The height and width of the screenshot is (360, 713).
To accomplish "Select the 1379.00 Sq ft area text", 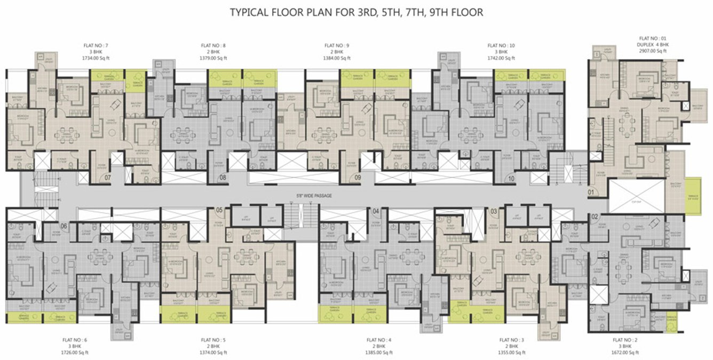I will point(213,58).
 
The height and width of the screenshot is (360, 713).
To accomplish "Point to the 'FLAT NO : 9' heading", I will point(337,46).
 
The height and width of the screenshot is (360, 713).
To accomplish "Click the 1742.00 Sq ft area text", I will point(501,58).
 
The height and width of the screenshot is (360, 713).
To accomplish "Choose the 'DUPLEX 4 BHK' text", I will point(653,45).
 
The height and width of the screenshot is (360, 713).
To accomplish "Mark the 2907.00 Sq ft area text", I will point(653,51).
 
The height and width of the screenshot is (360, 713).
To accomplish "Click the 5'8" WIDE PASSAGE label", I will point(315,196).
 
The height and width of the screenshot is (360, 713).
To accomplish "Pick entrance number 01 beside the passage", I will point(591,190).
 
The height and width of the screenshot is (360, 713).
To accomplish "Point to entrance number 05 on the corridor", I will point(219,210).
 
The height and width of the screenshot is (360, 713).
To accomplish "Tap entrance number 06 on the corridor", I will point(65,226).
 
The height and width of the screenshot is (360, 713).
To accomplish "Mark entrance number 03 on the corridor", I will point(494,212).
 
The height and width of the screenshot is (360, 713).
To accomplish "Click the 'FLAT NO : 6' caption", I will point(78,340).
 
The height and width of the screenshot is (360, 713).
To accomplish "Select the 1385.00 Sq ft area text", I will point(379,353).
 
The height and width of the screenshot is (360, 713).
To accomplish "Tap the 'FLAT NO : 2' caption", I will point(625,340).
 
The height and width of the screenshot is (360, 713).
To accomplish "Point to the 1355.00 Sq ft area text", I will point(512,353).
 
